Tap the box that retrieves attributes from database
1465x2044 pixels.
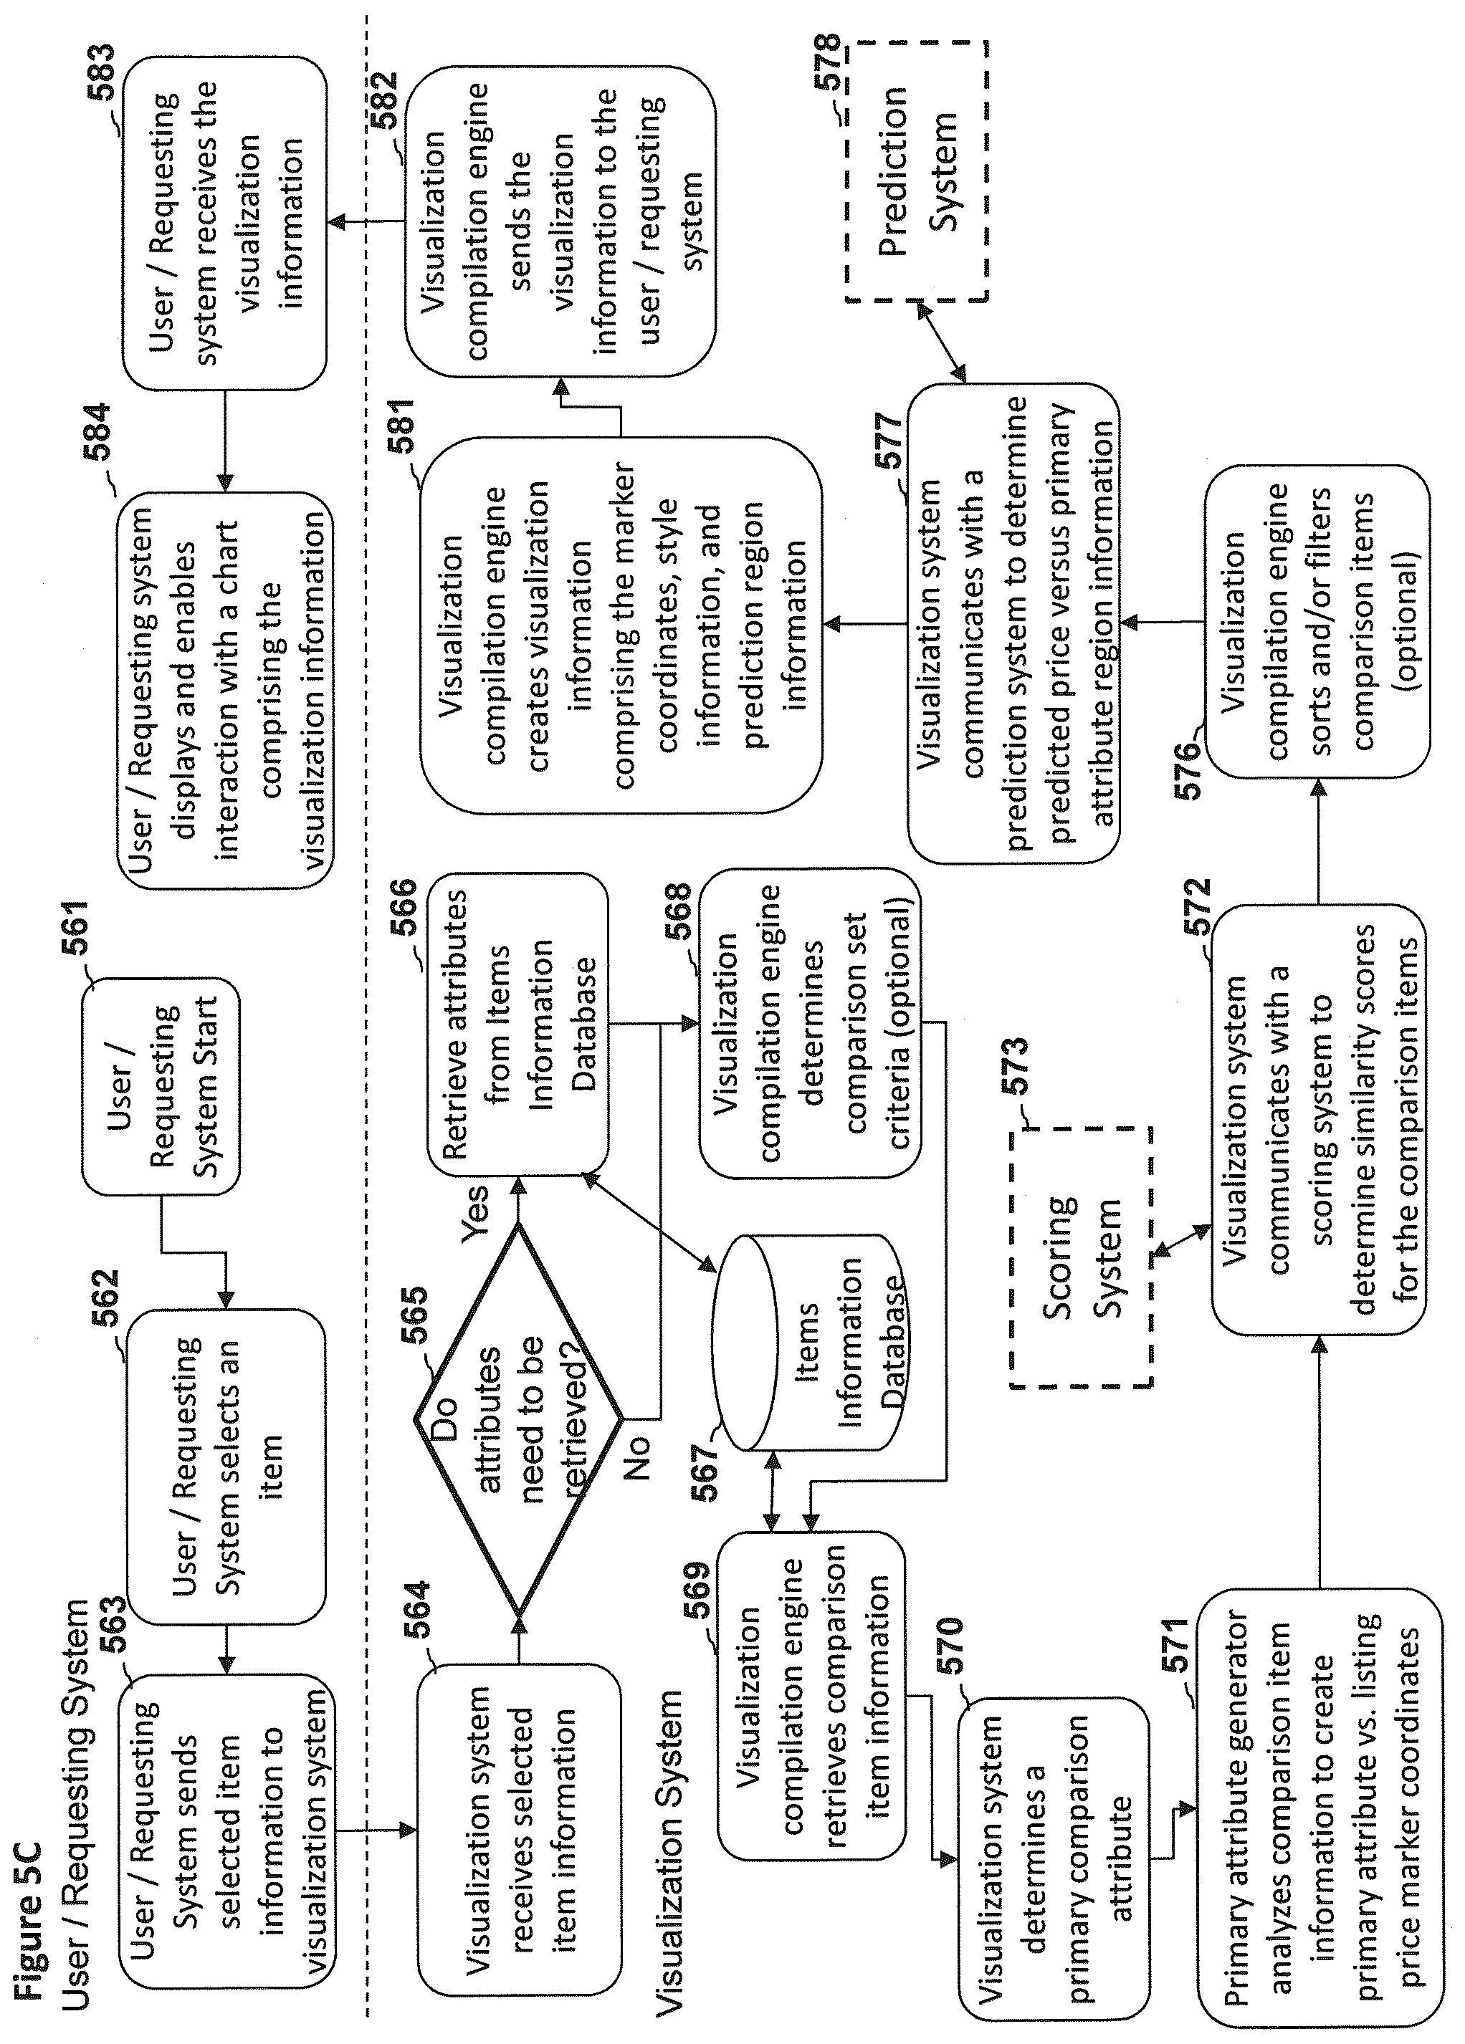pyautogui.click(x=517, y=1024)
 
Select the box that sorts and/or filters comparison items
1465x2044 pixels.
pyautogui.click(x=1317, y=621)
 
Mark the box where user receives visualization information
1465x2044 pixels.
pyautogui.click(x=224, y=224)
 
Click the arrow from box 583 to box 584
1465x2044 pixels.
pyautogui.click(x=224, y=441)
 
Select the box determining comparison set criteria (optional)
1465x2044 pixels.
pyautogui.click(x=811, y=1024)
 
